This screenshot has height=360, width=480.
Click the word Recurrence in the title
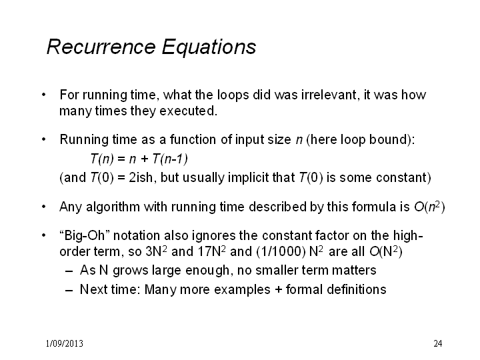[x=101, y=47]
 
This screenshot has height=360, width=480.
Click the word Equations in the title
[x=209, y=47]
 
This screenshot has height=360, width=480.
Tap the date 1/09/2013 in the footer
[x=65, y=343]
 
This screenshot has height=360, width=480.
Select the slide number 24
[x=438, y=343]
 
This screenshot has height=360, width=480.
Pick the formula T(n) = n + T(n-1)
[x=139, y=159]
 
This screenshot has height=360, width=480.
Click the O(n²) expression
[x=429, y=207]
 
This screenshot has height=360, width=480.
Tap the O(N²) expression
[x=386, y=251]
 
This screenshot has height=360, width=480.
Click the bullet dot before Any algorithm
[x=44, y=207]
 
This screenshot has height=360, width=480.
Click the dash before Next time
[x=69, y=290]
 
